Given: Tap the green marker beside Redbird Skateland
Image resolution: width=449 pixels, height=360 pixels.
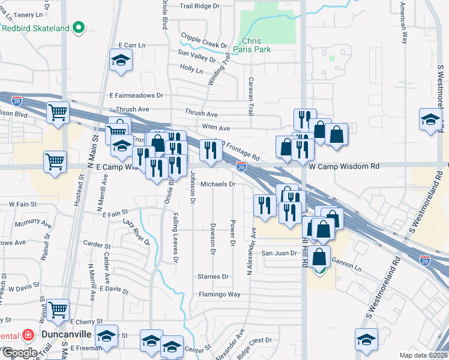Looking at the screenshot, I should click(78, 28).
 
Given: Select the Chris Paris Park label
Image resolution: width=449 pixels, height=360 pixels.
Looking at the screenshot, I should click(256, 46).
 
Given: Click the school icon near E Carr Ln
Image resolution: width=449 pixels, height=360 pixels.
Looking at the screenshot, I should click(121, 60).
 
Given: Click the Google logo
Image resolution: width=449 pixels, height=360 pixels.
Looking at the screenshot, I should click(19, 352).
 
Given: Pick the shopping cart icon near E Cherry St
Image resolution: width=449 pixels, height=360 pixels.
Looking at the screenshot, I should click(58, 310).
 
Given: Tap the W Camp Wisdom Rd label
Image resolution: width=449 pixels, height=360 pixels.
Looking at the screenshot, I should click(345, 166).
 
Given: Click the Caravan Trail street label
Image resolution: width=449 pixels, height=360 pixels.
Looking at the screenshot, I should click(251, 96).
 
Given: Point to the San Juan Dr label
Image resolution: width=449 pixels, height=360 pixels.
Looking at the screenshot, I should click(279, 253).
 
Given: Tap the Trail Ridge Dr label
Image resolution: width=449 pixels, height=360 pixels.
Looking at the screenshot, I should click(203, 7).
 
